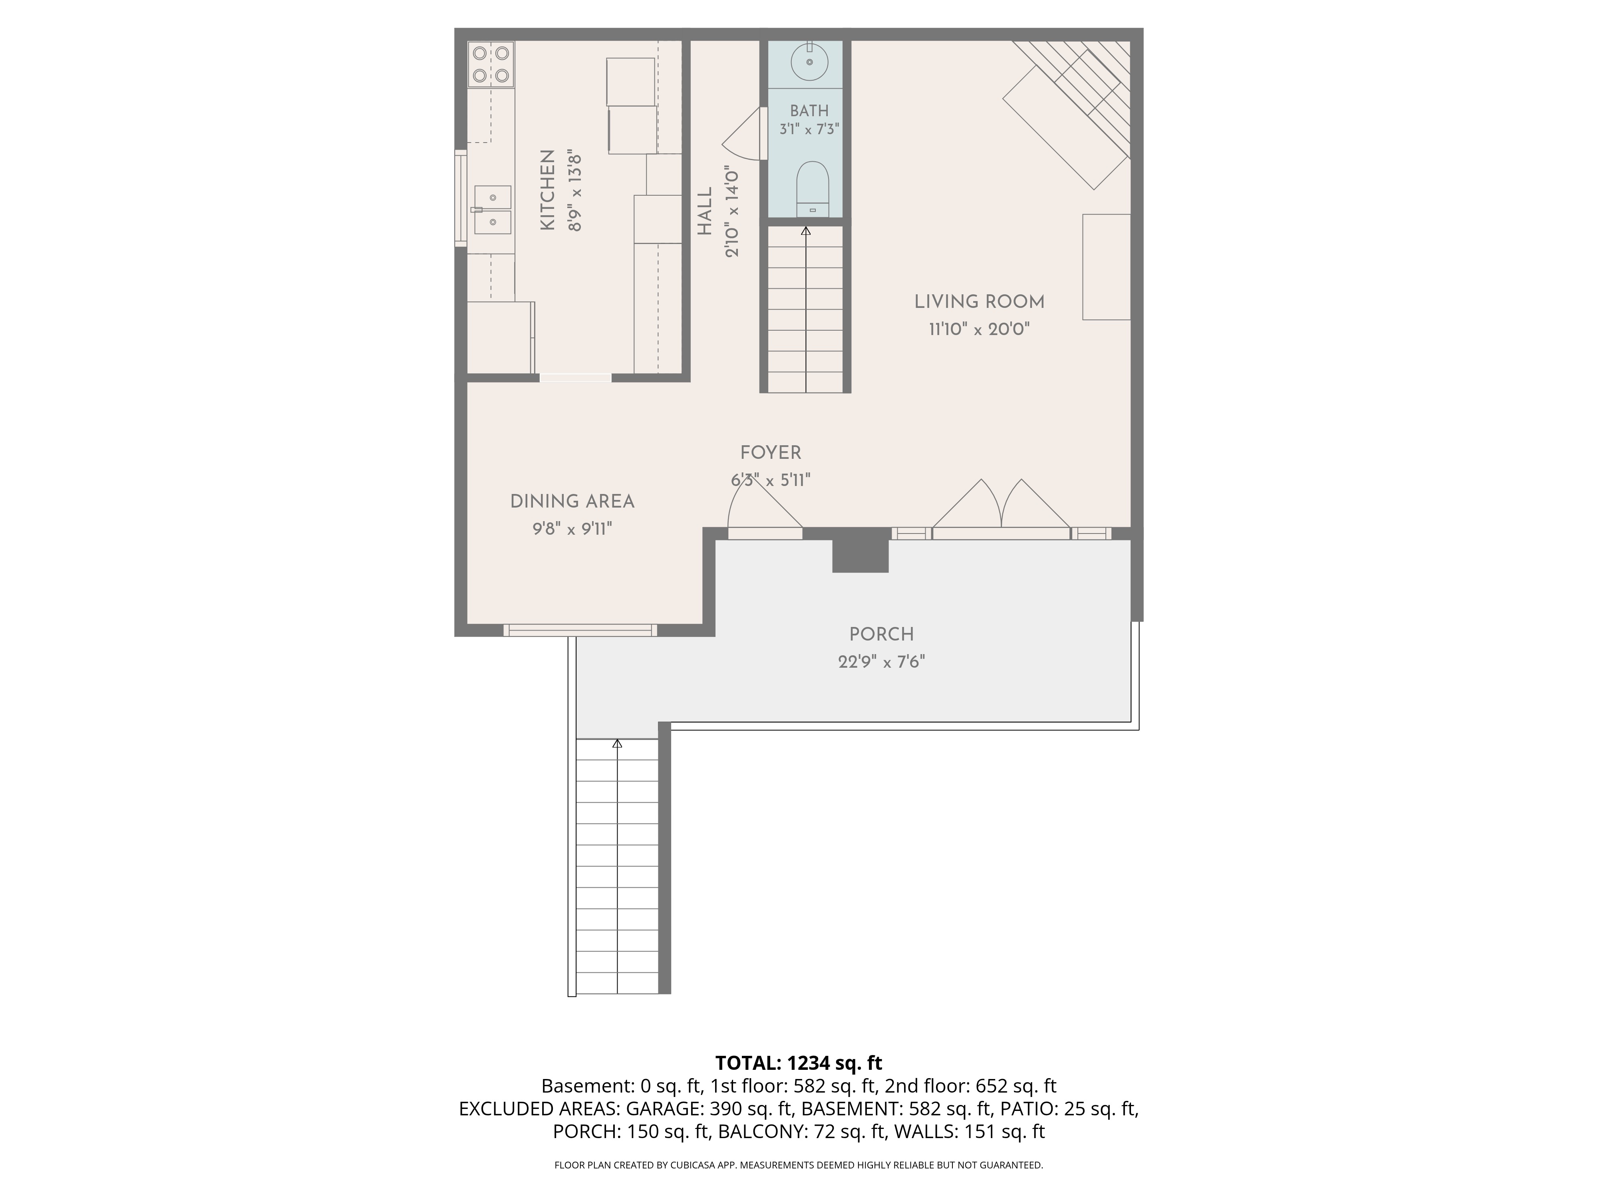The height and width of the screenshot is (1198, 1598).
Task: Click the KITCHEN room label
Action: (x=548, y=190)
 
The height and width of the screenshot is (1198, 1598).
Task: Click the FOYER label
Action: (x=771, y=453)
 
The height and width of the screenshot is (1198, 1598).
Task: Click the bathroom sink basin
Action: (x=810, y=63)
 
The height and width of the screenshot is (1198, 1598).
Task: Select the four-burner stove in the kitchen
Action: (x=491, y=64)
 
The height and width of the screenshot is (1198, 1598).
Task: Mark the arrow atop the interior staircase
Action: (x=805, y=231)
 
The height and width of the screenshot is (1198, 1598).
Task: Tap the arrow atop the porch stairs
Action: (x=617, y=743)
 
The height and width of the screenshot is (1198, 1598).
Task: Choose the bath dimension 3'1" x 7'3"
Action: (x=809, y=129)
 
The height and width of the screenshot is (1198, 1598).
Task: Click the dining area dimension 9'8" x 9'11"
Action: (x=572, y=529)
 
